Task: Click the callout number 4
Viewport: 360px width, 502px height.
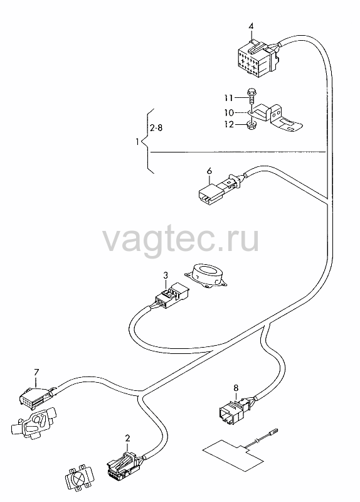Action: point(251,26)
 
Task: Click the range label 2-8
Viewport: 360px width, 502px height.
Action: point(156,128)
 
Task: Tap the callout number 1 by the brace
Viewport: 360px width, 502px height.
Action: point(137,142)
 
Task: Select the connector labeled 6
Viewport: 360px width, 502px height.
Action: point(220,190)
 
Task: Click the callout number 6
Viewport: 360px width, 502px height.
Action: point(209,171)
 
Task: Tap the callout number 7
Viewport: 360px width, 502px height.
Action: point(36,372)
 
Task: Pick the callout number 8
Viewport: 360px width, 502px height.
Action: point(236,388)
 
